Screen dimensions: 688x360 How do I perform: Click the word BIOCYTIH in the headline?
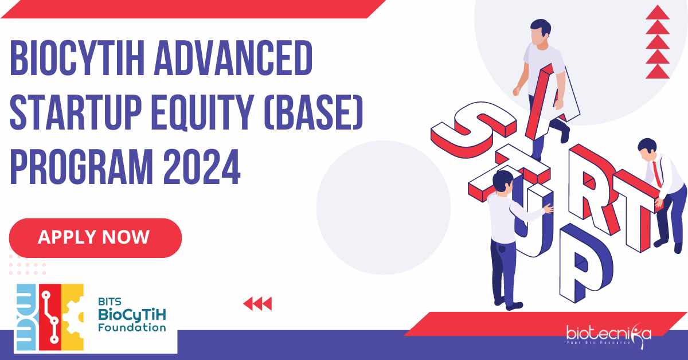(77, 58)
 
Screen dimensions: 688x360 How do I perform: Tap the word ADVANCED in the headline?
(233, 58)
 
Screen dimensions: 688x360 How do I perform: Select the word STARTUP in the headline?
(76, 112)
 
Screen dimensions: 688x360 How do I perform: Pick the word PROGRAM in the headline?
(81, 166)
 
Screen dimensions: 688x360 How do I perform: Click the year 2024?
(202, 166)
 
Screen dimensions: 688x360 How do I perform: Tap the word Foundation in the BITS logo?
(132, 327)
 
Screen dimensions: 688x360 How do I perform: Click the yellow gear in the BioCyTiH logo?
(73, 317)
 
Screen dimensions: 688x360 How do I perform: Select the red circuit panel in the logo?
(50, 317)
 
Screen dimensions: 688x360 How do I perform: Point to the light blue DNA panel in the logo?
(27, 317)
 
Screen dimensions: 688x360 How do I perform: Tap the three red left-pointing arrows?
(257, 304)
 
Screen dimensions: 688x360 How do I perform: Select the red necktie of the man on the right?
(656, 174)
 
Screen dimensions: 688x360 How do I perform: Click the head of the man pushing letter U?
(502, 181)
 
